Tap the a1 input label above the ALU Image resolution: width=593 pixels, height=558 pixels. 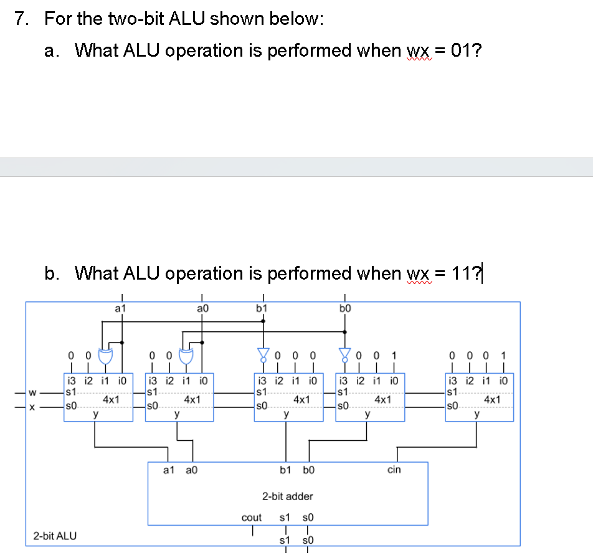(x=121, y=308)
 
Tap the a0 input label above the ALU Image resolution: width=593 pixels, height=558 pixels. (x=201, y=308)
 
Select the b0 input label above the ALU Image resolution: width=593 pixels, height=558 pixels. (x=345, y=308)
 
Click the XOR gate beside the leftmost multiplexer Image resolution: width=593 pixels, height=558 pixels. (x=105, y=355)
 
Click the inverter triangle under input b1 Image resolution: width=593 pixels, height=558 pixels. (x=263, y=356)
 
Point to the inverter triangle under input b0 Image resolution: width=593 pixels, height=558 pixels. (x=344, y=356)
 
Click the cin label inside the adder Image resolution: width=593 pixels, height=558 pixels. (x=394, y=470)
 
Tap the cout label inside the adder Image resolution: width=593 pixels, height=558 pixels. (x=252, y=518)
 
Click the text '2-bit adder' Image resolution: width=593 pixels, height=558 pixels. (x=287, y=496)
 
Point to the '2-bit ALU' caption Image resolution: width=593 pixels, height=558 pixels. (x=55, y=535)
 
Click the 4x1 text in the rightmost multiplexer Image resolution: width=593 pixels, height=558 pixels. (x=492, y=399)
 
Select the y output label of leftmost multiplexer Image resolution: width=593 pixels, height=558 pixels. (x=95, y=414)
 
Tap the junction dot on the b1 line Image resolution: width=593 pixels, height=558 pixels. (x=263, y=321)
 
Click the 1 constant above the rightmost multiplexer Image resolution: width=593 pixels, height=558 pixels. (x=503, y=356)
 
